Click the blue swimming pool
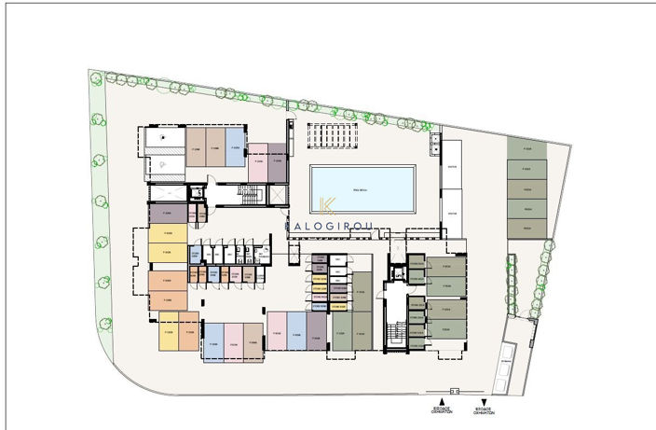coord(362,189)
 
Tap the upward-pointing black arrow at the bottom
coord(442,400)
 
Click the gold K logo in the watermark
coord(326,207)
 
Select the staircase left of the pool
coord(248,194)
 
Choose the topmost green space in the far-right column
coord(526,149)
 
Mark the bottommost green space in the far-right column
coord(526,227)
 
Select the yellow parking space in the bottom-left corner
coord(169,335)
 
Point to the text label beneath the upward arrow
coord(442,411)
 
